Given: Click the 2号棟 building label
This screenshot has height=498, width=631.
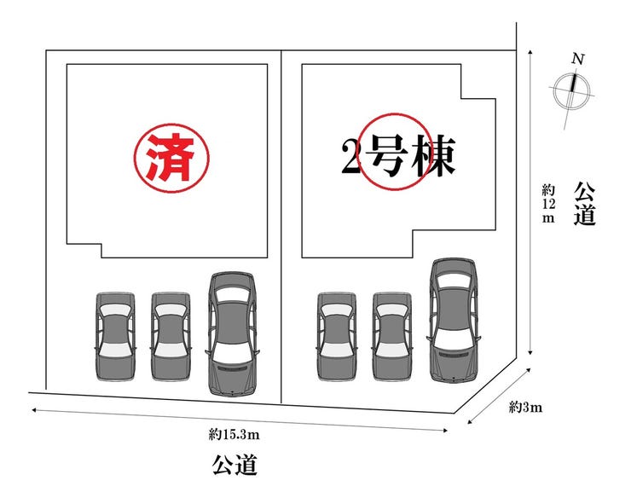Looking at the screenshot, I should [396, 155].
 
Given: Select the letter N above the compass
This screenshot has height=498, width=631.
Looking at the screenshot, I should [578, 59].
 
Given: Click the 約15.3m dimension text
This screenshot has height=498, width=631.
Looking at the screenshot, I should [235, 434].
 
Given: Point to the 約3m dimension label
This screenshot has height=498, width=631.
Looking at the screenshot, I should [525, 407].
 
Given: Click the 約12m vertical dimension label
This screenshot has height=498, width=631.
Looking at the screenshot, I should [547, 202].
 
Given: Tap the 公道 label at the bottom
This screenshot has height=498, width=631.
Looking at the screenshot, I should [234, 466].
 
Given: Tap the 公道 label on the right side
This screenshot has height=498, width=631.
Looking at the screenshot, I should [584, 203].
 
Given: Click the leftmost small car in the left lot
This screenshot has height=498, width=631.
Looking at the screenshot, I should [115, 336].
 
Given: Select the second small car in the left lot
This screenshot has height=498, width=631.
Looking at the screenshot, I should [171, 336].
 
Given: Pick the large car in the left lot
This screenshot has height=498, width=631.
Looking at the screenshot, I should [233, 333].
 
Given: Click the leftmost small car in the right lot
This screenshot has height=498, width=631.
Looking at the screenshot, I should [336, 336].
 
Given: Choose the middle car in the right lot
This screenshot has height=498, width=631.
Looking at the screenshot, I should [391, 336].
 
